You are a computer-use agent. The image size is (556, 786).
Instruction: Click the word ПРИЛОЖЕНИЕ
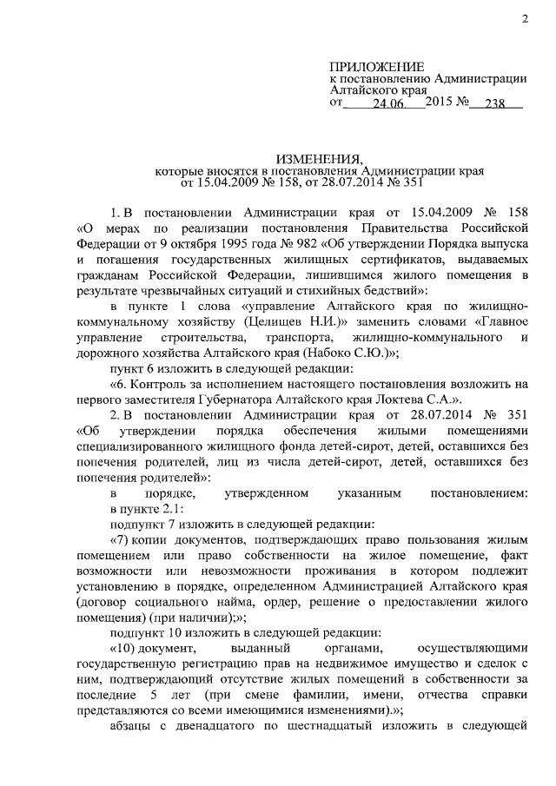[377, 67]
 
